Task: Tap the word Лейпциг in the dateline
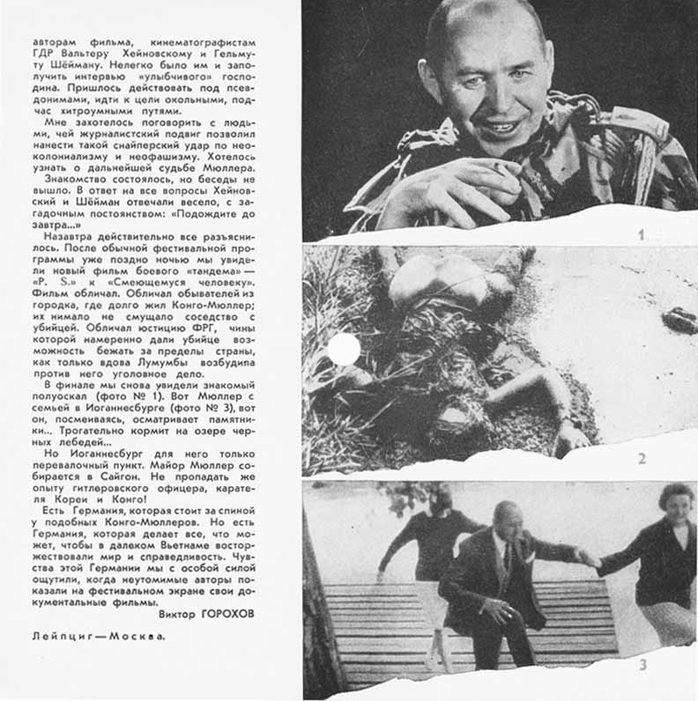61,634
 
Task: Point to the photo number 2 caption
642,459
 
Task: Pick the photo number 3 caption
642,664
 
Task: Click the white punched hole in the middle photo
344,350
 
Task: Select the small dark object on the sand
679,320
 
